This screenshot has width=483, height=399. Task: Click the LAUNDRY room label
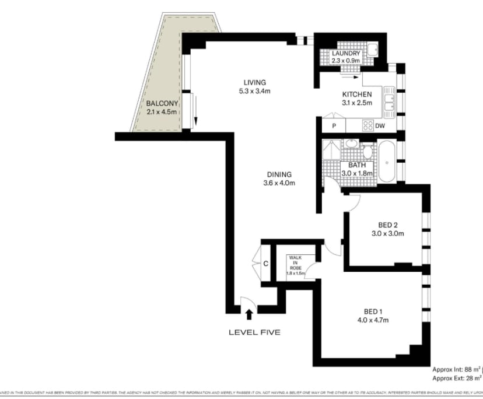[x=346, y=54]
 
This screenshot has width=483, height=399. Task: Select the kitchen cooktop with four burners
[x=368, y=125]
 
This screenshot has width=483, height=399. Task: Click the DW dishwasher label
[x=380, y=125]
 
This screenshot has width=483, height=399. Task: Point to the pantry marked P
[x=334, y=125]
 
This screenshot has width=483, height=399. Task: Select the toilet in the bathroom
[x=367, y=152]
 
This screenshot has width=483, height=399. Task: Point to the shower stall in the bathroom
[x=331, y=150]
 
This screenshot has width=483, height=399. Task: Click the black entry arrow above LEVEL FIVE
[x=249, y=314]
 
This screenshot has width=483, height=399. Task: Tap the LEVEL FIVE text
[x=254, y=332]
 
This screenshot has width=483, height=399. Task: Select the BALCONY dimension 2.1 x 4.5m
[x=162, y=112]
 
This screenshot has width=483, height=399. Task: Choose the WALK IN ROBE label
[x=296, y=263]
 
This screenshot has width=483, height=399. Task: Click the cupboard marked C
[x=265, y=264]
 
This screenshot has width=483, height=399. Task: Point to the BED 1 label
[x=373, y=311]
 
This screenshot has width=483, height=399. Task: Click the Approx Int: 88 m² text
[x=456, y=369]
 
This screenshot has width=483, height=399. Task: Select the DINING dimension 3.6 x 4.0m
[x=279, y=183]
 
